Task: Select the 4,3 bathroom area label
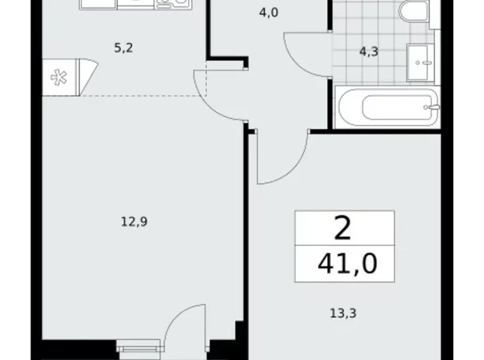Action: (369, 53)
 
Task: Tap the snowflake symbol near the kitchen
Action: (60, 77)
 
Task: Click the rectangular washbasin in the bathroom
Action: (423, 62)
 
